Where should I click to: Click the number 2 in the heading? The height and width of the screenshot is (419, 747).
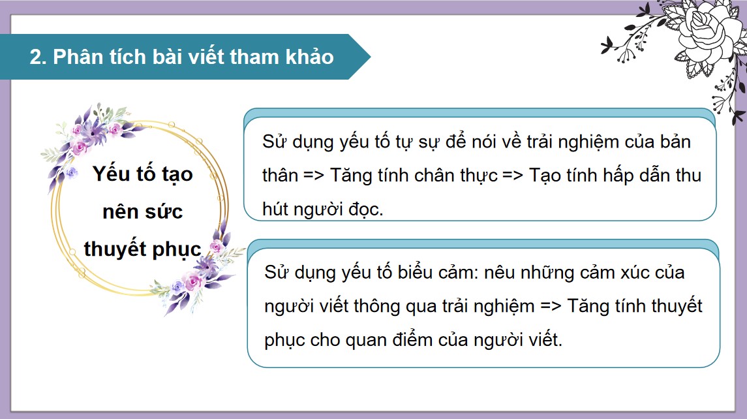(x=35, y=57)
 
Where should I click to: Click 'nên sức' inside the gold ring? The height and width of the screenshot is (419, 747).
(x=143, y=211)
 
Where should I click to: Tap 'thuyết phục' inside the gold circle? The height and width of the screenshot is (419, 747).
(x=143, y=249)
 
